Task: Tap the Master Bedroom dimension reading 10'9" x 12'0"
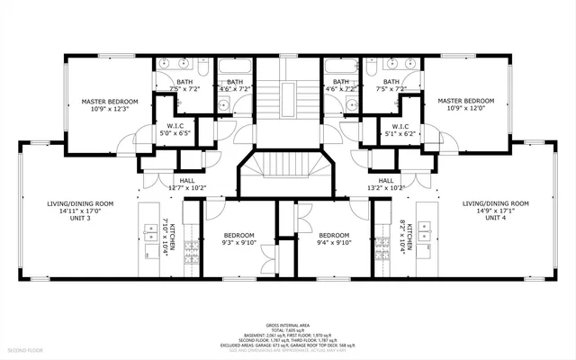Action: tap(465, 108)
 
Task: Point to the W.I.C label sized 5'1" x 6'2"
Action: tap(400, 133)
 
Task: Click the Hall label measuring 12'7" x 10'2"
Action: tap(187, 188)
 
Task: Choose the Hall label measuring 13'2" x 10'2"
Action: tap(385, 188)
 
